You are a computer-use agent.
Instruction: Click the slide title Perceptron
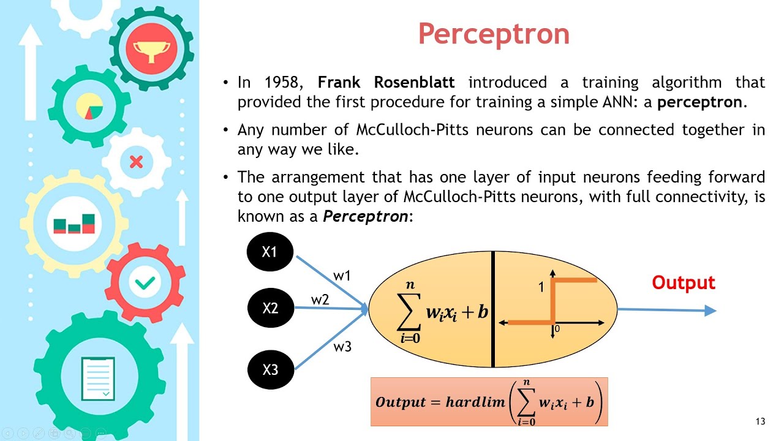(x=494, y=34)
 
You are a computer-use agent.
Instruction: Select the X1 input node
(x=270, y=252)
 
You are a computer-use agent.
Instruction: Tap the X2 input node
(x=270, y=308)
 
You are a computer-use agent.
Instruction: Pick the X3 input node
(x=270, y=369)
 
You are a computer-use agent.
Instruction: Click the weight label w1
(x=342, y=276)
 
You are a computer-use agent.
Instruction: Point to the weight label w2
(x=320, y=300)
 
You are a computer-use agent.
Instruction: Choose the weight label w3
(x=342, y=347)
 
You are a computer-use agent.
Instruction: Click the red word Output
(x=684, y=283)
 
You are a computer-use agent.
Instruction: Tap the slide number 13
(x=761, y=421)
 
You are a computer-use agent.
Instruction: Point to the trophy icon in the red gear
(x=151, y=48)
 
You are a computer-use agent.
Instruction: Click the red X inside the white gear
(x=136, y=162)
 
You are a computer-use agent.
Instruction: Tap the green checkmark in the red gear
(x=145, y=282)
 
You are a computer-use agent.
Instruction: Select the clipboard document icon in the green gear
(x=98, y=377)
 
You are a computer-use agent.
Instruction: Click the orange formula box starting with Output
(x=489, y=402)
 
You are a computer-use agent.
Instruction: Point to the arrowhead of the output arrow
(x=710, y=311)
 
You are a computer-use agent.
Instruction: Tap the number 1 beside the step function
(x=541, y=287)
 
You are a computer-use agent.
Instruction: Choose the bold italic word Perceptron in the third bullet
(x=365, y=216)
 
